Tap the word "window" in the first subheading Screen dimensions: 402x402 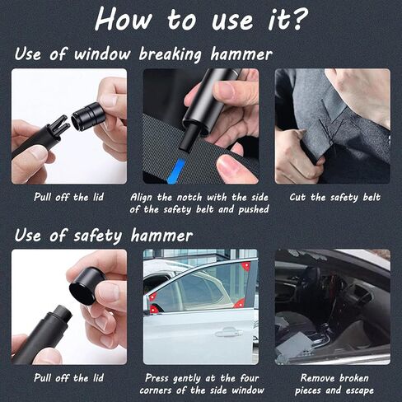102,54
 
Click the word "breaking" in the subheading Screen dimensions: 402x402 171,54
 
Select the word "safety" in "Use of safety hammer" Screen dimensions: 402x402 97,236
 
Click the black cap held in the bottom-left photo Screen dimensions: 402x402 86,286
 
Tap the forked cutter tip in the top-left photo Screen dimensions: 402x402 59,124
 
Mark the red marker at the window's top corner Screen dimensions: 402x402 245,266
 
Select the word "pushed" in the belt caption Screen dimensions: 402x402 254,210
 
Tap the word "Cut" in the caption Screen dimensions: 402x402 297,197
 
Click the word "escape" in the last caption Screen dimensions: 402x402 360,390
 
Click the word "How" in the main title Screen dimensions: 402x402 124,20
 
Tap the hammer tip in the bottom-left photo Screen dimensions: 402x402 62,315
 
